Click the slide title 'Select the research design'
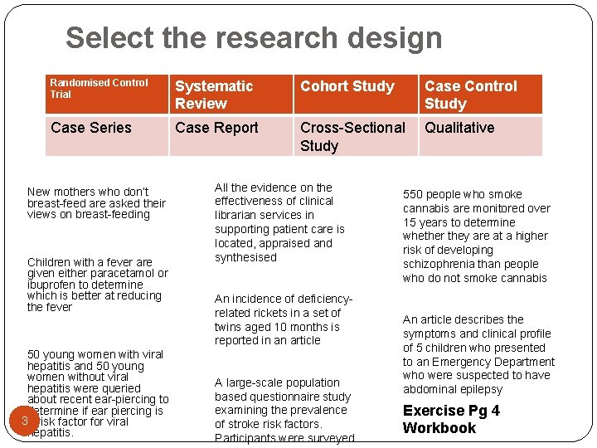pos(254,38)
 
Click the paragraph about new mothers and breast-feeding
pos(96,202)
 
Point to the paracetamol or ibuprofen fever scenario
pos(97,284)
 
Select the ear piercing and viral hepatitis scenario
pos(96,393)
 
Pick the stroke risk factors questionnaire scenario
pos(283,410)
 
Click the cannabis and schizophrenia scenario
pos(476,236)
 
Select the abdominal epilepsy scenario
pos(478,354)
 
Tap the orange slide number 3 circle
pos(26,421)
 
